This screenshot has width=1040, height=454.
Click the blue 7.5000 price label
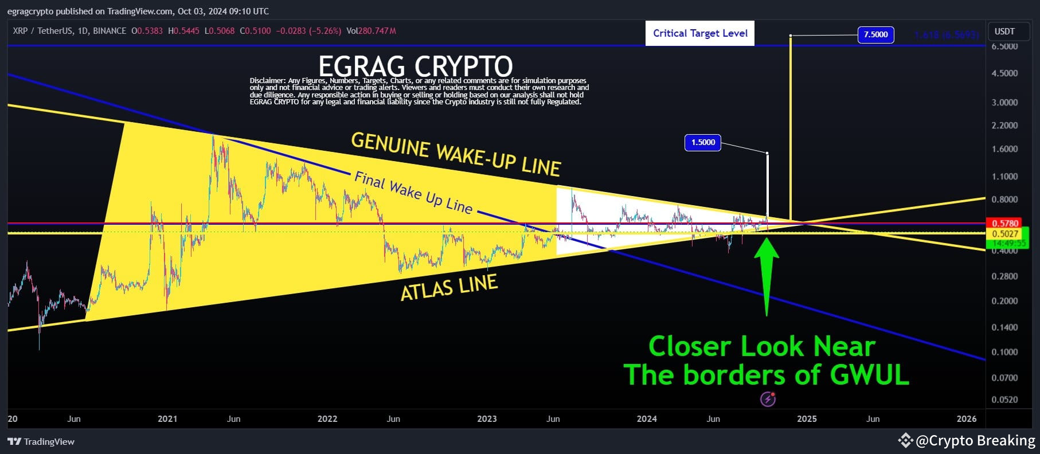(x=875, y=35)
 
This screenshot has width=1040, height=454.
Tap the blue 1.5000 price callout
(x=703, y=142)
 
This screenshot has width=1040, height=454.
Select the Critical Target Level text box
(x=700, y=33)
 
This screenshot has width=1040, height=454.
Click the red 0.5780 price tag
(x=1005, y=223)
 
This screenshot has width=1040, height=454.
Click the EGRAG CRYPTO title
(x=415, y=65)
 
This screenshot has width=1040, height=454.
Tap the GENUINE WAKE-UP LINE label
(x=456, y=154)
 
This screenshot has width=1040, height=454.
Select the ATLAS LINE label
(x=448, y=287)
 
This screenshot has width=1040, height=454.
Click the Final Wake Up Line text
(x=413, y=193)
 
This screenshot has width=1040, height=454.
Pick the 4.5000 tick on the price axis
(x=1004, y=73)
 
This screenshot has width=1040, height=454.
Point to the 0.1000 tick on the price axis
(x=1004, y=352)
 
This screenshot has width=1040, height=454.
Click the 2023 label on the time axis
(x=487, y=419)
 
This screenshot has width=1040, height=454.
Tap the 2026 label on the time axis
(x=966, y=419)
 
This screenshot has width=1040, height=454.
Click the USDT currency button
(x=1004, y=32)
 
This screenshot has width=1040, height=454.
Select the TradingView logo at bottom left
(x=41, y=441)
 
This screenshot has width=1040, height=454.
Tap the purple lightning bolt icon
(x=768, y=399)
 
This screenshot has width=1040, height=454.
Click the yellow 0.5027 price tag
(x=1005, y=234)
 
